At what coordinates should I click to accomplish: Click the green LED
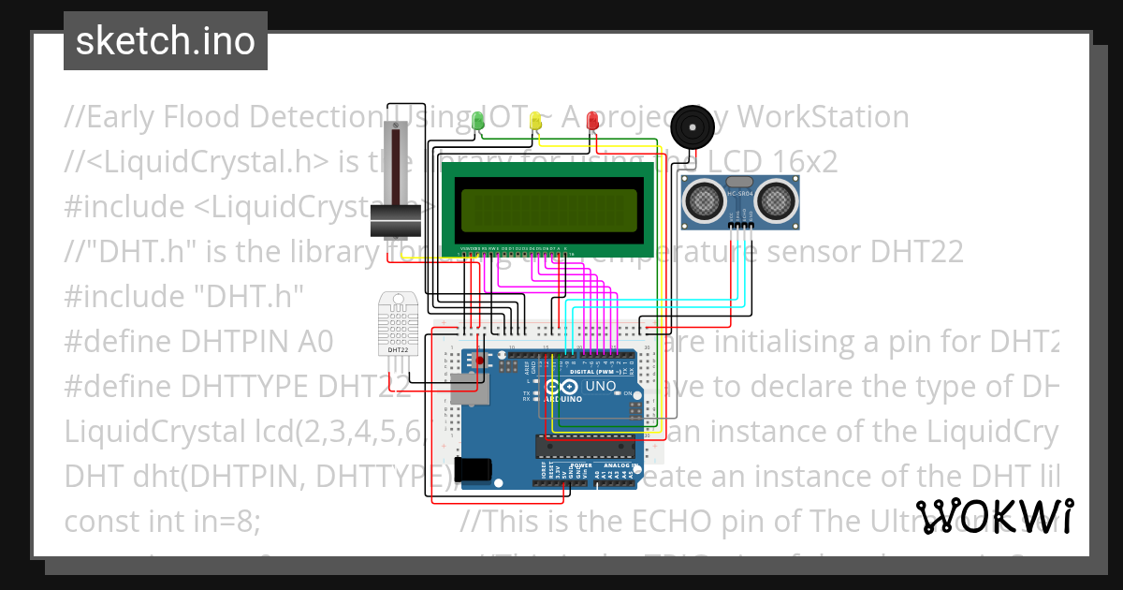[477, 121]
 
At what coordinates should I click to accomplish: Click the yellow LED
[535, 121]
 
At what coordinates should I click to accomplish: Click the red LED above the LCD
[592, 121]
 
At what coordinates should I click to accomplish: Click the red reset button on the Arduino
[480, 361]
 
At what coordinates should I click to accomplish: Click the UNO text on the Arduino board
[600, 386]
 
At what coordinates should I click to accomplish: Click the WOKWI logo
[994, 516]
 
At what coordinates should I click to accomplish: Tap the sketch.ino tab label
[166, 41]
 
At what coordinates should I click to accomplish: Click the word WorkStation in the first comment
[824, 117]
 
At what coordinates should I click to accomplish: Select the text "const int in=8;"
[162, 521]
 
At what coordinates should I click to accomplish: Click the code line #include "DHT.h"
[185, 296]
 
